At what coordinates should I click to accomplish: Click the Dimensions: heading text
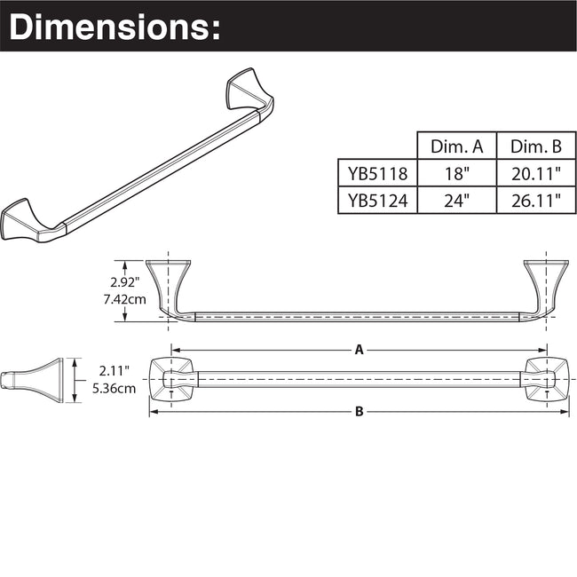tap(114, 26)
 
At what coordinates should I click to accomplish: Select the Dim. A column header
tap(456, 146)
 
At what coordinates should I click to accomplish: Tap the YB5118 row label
tap(376, 173)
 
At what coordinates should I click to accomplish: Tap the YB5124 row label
tap(376, 201)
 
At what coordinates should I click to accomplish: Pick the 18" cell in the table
tap(456, 173)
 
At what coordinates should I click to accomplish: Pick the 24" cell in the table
tap(456, 201)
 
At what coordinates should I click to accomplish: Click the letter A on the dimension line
tap(360, 350)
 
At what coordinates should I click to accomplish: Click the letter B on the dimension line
tap(360, 411)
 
